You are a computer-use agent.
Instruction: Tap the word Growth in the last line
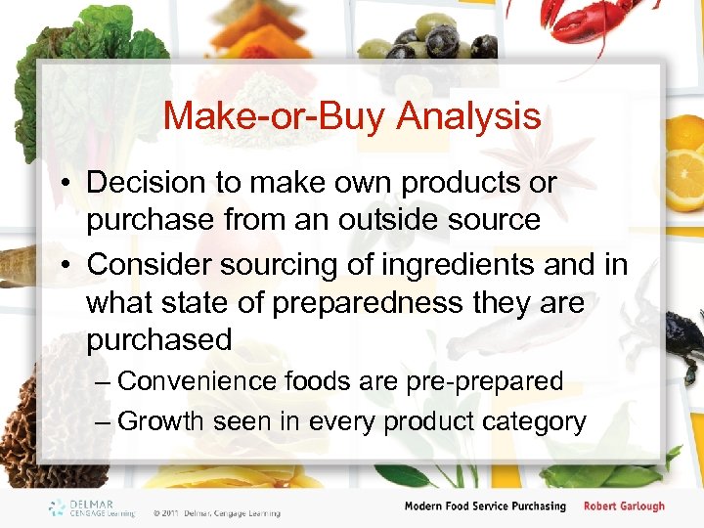(x=158, y=421)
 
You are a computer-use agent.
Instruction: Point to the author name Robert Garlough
(x=624, y=506)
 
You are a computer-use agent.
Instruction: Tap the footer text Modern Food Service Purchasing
(x=486, y=506)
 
